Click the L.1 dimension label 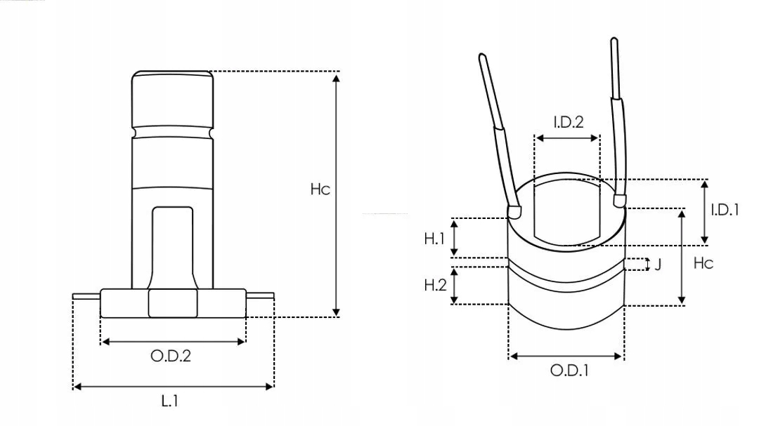click(169, 402)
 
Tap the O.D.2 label click(171, 356)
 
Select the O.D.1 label click(569, 370)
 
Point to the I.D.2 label click(568, 122)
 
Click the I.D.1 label click(725, 209)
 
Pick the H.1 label click(435, 239)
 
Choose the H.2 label click(435, 285)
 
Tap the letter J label click(658, 265)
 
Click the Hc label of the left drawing click(320, 189)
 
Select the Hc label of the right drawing click(703, 263)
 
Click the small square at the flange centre click(173, 303)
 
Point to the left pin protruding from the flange click(86, 296)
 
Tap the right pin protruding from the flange click(259, 295)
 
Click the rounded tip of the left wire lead click(516, 210)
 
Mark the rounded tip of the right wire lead click(619, 201)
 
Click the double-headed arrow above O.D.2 click(174, 342)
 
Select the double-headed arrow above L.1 click(173, 386)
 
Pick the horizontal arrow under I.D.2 click(567, 138)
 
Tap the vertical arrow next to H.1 click(455, 237)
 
